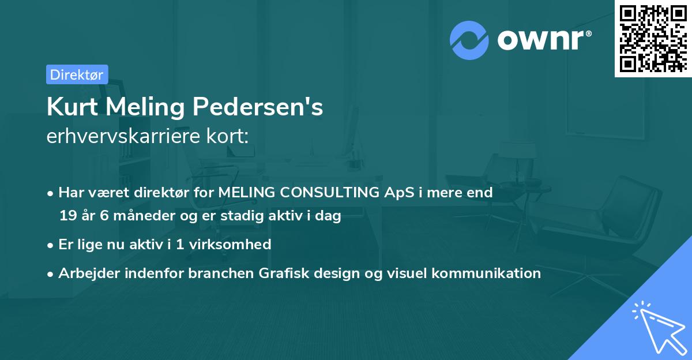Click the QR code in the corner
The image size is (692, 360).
point(653,39)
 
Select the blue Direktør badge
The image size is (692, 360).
point(77,74)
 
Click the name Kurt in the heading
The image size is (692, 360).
point(69,108)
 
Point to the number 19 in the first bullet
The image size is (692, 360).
point(67,216)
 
